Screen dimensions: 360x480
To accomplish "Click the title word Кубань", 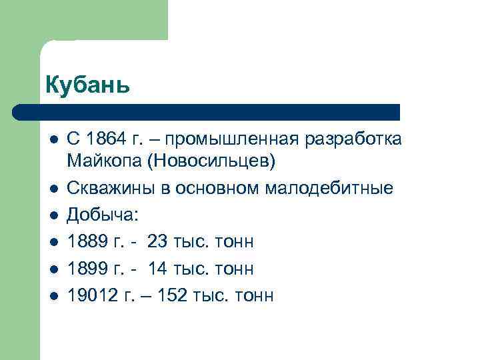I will pyautogui.click(x=87, y=85).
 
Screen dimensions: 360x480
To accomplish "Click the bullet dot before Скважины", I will pyautogui.click(x=53, y=189).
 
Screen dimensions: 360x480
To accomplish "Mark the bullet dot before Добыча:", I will pyautogui.click(x=53, y=216).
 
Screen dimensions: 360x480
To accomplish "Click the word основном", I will pyautogui.click(x=219, y=188).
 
